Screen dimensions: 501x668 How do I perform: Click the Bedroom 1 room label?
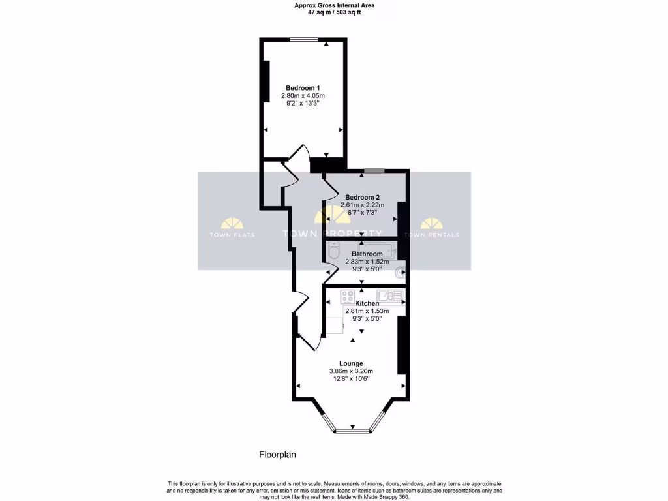(x=303, y=88)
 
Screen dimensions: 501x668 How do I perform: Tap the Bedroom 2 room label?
(x=363, y=197)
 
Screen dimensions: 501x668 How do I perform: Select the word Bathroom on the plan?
(x=367, y=254)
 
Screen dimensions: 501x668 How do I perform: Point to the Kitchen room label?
(x=367, y=303)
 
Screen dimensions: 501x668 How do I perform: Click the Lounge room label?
(x=351, y=363)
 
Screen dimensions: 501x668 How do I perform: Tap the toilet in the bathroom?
(x=334, y=251)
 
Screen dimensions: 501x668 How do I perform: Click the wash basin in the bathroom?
(x=399, y=274)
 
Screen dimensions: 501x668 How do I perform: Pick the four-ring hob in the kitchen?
(x=347, y=296)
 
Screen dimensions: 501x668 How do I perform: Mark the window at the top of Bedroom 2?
(x=374, y=172)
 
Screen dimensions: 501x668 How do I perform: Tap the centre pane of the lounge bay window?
(x=352, y=431)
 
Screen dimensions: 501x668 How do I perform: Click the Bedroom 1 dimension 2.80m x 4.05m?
(x=303, y=96)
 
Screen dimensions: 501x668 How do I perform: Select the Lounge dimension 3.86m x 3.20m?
(x=351, y=371)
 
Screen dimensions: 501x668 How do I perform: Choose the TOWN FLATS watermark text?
(x=232, y=235)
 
